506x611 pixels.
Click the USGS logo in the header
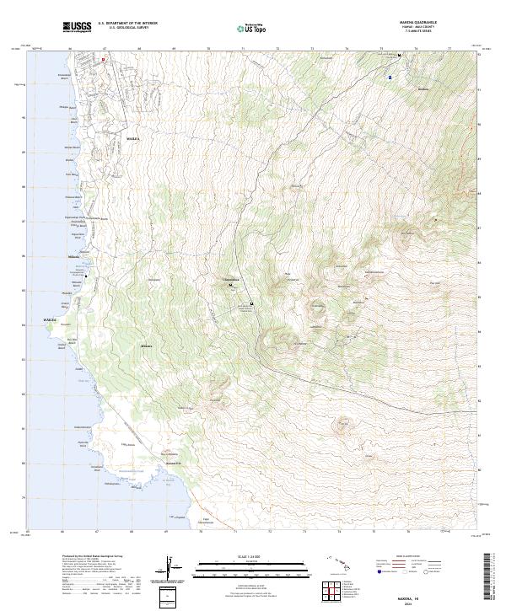(x=77, y=28)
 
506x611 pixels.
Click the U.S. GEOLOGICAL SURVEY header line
(x=127, y=28)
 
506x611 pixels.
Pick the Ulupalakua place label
(x=231, y=279)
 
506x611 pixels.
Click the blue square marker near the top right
(x=390, y=77)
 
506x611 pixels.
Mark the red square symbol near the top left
(x=104, y=60)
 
